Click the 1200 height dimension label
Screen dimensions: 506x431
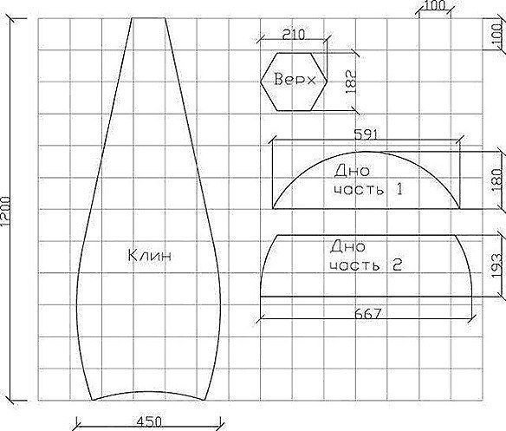5,211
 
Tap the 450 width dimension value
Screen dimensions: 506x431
149,422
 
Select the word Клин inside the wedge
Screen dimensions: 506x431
149,255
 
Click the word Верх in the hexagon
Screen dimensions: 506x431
295,79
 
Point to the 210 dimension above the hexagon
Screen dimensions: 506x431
294,34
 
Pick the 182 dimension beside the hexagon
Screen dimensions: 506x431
351,82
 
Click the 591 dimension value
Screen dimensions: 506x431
366,134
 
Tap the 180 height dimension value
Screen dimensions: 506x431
497,180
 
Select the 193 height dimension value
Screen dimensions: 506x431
497,265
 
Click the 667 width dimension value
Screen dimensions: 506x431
368,313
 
